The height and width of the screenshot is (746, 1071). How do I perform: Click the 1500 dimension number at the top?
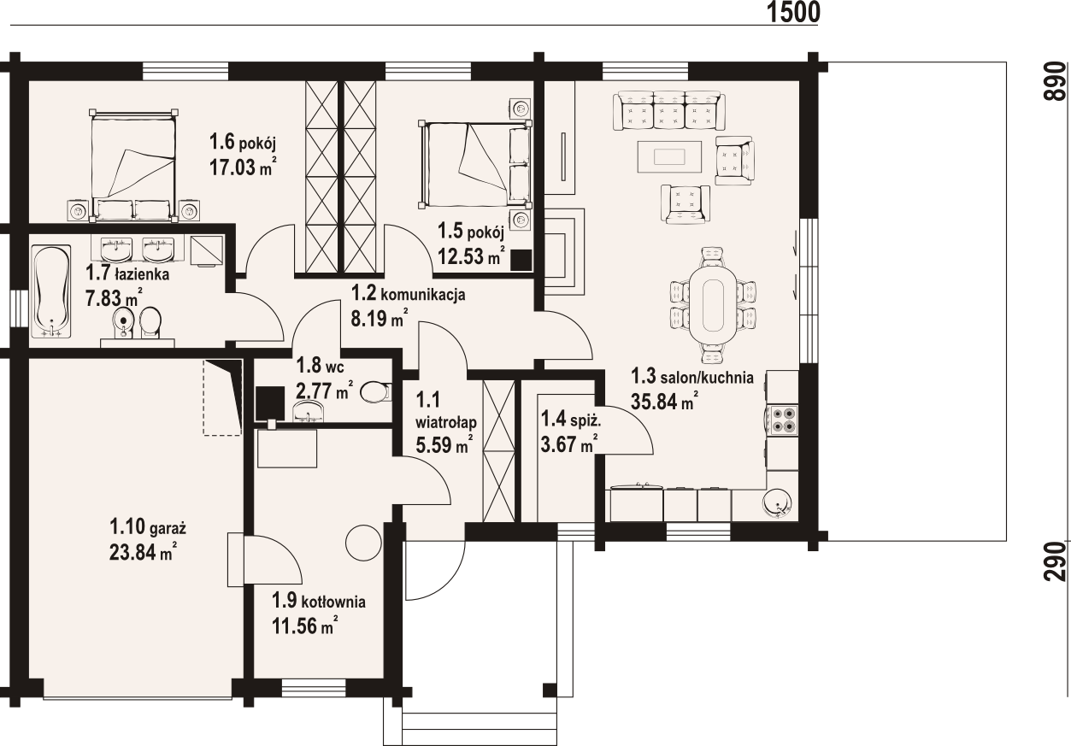pos(793,13)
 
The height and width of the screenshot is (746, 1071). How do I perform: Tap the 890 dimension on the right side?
pos(1056,81)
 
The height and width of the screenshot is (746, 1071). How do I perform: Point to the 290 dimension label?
pos(1056,561)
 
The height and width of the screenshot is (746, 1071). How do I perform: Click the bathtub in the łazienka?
pos(51,291)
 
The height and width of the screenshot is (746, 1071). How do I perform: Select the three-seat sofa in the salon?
pos(669,111)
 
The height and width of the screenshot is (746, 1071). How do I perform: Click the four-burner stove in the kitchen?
pos(782,420)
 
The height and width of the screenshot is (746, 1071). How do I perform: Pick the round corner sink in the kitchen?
pos(778,503)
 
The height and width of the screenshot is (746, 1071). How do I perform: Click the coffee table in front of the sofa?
pos(669,156)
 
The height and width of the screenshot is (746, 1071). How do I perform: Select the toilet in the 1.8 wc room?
pos(376,392)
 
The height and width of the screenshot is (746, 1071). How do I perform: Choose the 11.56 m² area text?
pos(305,626)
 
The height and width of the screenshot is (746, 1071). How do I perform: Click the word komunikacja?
pos(422,295)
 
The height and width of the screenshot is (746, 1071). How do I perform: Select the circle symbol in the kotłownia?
pos(363,543)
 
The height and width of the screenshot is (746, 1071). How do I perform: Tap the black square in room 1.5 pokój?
pos(521,261)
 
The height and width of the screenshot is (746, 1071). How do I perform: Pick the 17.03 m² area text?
pos(243,167)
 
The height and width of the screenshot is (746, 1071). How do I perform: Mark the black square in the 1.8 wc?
pos(270,402)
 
